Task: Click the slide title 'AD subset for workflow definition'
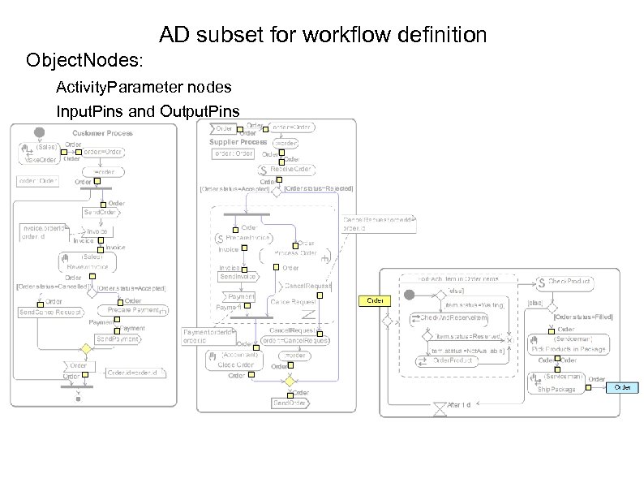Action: (x=322, y=35)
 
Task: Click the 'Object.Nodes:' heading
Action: (x=84, y=61)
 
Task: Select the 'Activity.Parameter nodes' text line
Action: (x=144, y=87)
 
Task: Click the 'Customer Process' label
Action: (x=102, y=133)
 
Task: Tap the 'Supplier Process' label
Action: (x=238, y=142)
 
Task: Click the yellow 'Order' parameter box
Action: (x=375, y=300)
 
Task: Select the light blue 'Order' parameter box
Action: (x=623, y=388)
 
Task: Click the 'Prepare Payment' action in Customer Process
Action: (x=134, y=310)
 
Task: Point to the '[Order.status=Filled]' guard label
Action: (x=582, y=317)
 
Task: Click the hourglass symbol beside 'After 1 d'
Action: (x=439, y=408)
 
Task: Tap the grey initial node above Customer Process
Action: (x=38, y=132)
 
